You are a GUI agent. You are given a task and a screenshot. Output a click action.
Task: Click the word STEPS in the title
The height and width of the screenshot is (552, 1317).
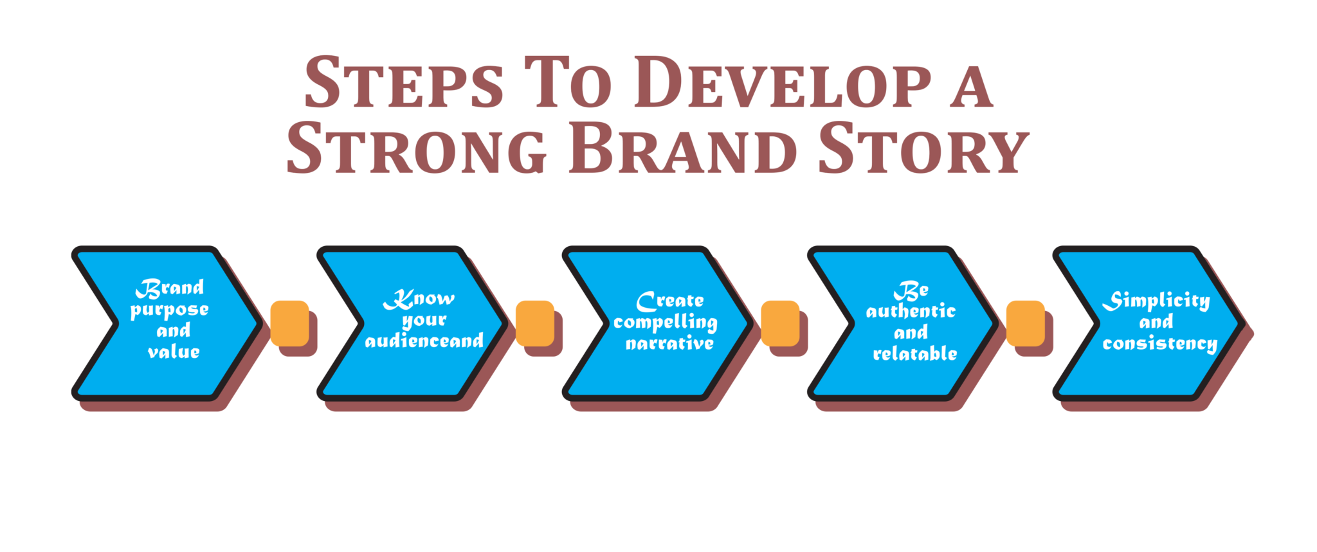[403, 83]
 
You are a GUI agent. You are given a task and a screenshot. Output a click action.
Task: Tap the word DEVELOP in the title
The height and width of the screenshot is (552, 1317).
[782, 83]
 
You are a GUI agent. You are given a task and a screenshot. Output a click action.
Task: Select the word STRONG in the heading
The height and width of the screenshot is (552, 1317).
[416, 149]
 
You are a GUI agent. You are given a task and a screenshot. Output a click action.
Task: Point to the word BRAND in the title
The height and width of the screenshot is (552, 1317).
[683, 149]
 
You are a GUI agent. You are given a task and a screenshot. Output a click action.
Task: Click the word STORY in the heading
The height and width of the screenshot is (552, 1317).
[923, 149]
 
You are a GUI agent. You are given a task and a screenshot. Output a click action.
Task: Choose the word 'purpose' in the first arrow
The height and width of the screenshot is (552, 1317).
[170, 310]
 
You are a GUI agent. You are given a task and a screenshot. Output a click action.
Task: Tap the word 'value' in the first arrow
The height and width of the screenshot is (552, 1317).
[174, 352]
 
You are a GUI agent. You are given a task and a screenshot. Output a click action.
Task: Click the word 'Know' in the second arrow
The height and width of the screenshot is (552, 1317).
[419, 299]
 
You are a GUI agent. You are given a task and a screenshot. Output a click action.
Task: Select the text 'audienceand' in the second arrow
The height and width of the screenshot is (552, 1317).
[424, 341]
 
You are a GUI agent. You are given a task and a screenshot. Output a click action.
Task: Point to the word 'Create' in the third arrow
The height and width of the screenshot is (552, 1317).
[670, 301]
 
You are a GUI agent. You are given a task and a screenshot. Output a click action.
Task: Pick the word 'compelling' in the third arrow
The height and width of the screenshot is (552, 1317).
[666, 323]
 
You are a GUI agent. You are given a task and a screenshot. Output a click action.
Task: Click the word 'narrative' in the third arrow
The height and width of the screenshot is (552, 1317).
[669, 344]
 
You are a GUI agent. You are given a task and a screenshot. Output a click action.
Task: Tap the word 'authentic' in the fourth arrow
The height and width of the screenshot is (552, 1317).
[911, 312]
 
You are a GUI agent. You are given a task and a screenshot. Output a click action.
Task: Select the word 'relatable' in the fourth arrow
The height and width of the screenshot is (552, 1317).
[915, 353]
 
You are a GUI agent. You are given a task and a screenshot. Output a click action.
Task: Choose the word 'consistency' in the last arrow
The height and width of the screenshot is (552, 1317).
[1159, 344]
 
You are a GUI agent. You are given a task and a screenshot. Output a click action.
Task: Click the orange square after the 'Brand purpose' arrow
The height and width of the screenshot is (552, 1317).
[290, 323]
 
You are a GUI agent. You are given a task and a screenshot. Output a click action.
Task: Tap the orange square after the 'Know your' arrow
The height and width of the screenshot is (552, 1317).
[535, 323]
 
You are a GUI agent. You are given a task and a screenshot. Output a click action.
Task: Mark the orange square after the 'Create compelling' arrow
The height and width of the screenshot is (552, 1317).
[780, 323]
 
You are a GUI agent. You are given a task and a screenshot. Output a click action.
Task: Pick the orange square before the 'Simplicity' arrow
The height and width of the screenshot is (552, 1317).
[1025, 323]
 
